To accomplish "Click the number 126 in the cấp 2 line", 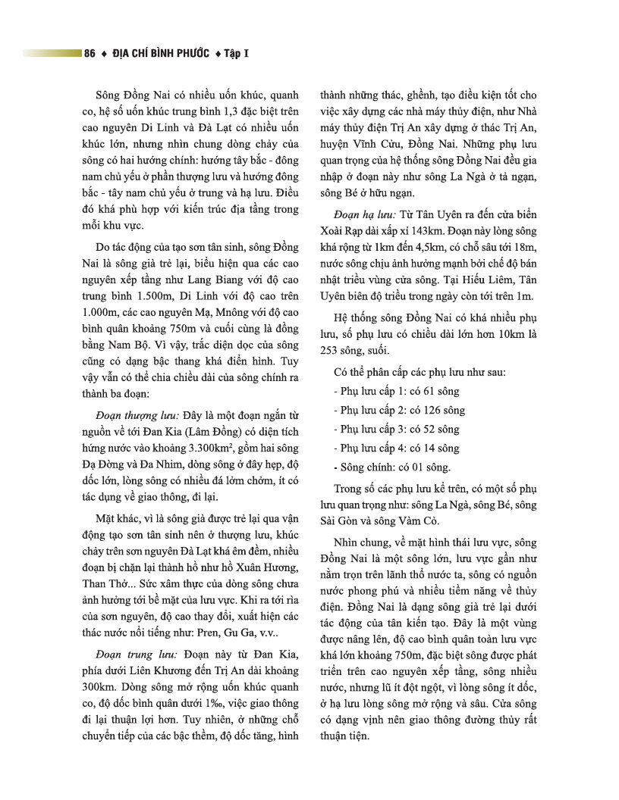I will click(x=423, y=410).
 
